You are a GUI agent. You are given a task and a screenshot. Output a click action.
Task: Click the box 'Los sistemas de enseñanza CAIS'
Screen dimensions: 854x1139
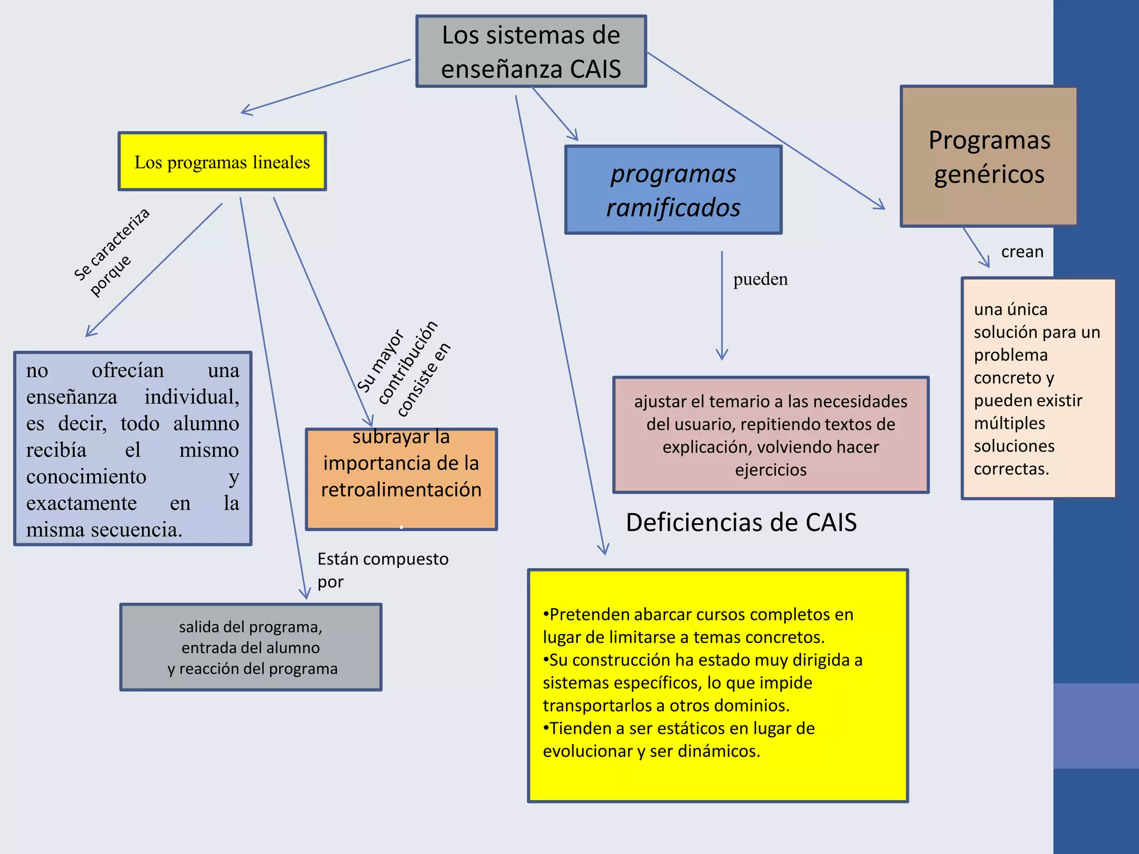[531, 51]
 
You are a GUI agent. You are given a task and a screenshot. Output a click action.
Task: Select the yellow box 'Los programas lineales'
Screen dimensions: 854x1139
[222, 162]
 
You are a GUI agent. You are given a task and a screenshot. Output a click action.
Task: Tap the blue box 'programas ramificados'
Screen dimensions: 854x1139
[673, 190]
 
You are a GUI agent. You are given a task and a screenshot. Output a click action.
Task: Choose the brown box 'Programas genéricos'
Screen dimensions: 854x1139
[989, 157]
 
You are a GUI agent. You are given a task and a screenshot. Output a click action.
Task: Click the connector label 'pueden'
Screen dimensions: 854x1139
[760, 279]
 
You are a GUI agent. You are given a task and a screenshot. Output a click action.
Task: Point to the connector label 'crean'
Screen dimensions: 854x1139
[1022, 252]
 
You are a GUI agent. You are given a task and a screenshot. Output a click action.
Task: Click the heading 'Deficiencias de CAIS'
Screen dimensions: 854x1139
[741, 523]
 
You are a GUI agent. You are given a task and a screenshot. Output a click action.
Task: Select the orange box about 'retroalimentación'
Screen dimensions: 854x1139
[401, 478]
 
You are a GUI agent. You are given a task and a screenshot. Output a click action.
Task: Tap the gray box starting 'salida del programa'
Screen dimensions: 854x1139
[251, 647]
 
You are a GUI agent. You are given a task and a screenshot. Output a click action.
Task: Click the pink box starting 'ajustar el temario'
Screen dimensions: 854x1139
[770, 435]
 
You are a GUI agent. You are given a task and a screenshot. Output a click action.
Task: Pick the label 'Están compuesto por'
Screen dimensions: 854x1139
[383, 570]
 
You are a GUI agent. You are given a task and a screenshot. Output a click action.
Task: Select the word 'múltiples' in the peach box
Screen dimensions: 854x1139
[1009, 424]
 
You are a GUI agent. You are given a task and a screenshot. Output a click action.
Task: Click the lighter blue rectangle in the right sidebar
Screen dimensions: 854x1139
[1096, 726]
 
